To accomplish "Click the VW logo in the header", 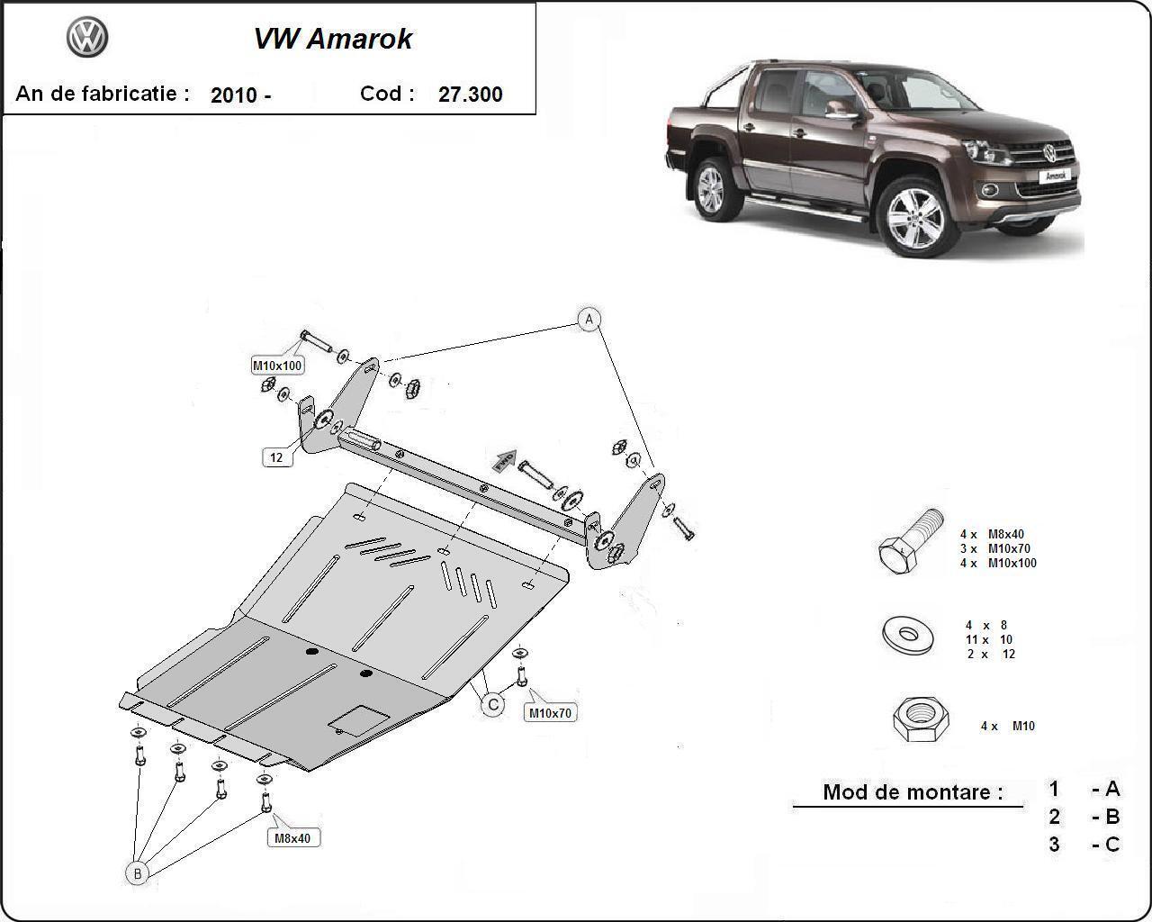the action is coord(87,38).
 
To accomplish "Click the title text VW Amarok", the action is coord(333,39).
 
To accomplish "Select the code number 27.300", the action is coord(470,95).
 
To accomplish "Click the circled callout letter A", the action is coord(589,319).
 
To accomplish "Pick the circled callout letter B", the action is coord(137,872).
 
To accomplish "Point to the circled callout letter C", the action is coord(492,704).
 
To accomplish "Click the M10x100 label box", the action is coord(277,365).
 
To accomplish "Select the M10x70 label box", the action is coord(550,712).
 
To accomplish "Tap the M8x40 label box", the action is coord(292,837).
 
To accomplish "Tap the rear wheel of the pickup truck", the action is coord(711,188).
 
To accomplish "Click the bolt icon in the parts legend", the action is coord(910,542).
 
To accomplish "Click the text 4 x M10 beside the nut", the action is coord(1007,726).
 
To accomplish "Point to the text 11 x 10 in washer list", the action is coord(989,639).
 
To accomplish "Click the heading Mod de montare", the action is coord(912,792).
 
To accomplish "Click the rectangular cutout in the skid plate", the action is coord(359,719).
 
